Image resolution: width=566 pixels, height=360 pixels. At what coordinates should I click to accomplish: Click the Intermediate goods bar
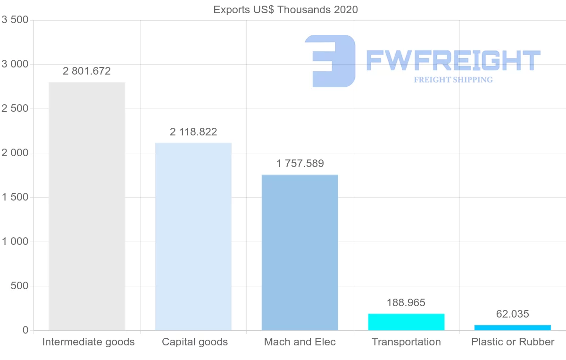pyautogui.click(x=87, y=206)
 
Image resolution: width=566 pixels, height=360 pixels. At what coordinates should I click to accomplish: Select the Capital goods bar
pyautogui.click(x=193, y=236)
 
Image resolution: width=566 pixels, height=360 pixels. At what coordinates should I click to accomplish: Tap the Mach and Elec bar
pyautogui.click(x=300, y=252)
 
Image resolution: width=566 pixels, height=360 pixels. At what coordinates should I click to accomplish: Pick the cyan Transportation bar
pyautogui.click(x=406, y=322)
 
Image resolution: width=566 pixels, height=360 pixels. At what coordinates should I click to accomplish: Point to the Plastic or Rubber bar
pyautogui.click(x=513, y=327)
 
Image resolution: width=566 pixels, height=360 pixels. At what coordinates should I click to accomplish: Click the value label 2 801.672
pyautogui.click(x=87, y=71)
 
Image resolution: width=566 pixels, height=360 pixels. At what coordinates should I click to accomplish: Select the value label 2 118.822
pyautogui.click(x=193, y=132)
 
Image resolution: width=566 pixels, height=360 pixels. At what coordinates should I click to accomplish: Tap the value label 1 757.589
pyautogui.click(x=300, y=164)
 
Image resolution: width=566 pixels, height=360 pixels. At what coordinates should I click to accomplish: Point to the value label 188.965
pyautogui.click(x=406, y=303)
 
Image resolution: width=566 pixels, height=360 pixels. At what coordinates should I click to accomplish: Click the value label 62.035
pyautogui.click(x=513, y=314)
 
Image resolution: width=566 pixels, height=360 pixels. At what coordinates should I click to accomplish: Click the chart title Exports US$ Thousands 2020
pyautogui.click(x=286, y=9)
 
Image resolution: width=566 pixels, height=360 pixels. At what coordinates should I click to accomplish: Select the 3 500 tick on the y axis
pyautogui.click(x=16, y=20)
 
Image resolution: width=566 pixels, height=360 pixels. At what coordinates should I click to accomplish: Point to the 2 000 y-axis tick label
pyautogui.click(x=16, y=153)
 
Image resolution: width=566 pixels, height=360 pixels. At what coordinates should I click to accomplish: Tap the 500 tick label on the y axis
pyautogui.click(x=19, y=286)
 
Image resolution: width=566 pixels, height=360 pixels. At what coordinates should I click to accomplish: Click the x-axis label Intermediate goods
pyautogui.click(x=89, y=342)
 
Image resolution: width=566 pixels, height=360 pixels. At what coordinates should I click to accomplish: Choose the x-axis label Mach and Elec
pyautogui.click(x=300, y=342)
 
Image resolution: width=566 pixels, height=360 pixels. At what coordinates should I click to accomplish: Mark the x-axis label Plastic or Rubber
pyautogui.click(x=513, y=342)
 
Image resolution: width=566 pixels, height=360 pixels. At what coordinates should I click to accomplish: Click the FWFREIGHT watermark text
pyautogui.click(x=453, y=60)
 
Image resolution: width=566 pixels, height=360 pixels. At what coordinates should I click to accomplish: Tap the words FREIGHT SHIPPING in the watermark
pyautogui.click(x=453, y=80)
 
